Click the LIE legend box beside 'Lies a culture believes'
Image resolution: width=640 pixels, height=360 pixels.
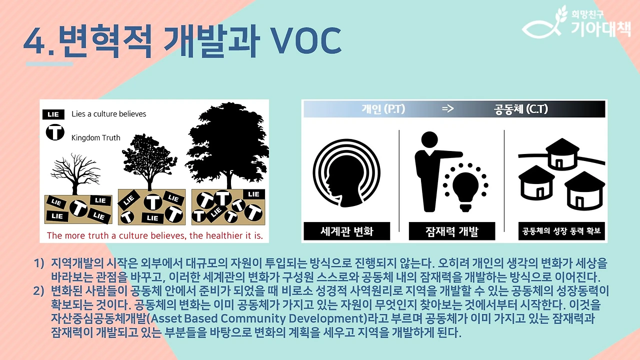click(x=53, y=114)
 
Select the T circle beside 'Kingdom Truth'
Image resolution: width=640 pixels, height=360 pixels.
click(x=54, y=133)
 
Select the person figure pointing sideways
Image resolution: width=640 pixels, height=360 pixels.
click(x=429, y=170)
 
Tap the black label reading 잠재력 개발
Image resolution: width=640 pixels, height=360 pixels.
click(x=451, y=231)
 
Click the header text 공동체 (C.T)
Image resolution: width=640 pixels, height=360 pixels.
click(x=520, y=109)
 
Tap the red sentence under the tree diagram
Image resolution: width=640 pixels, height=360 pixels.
click(x=154, y=235)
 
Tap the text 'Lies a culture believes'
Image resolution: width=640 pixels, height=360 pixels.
click(x=109, y=114)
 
